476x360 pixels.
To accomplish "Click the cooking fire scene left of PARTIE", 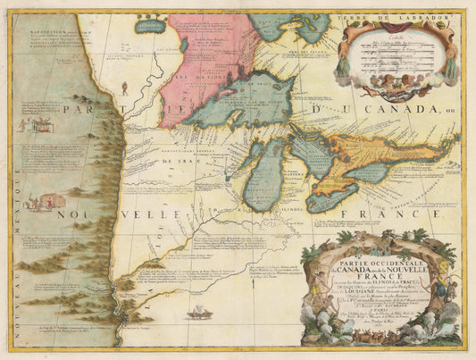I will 40,125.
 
